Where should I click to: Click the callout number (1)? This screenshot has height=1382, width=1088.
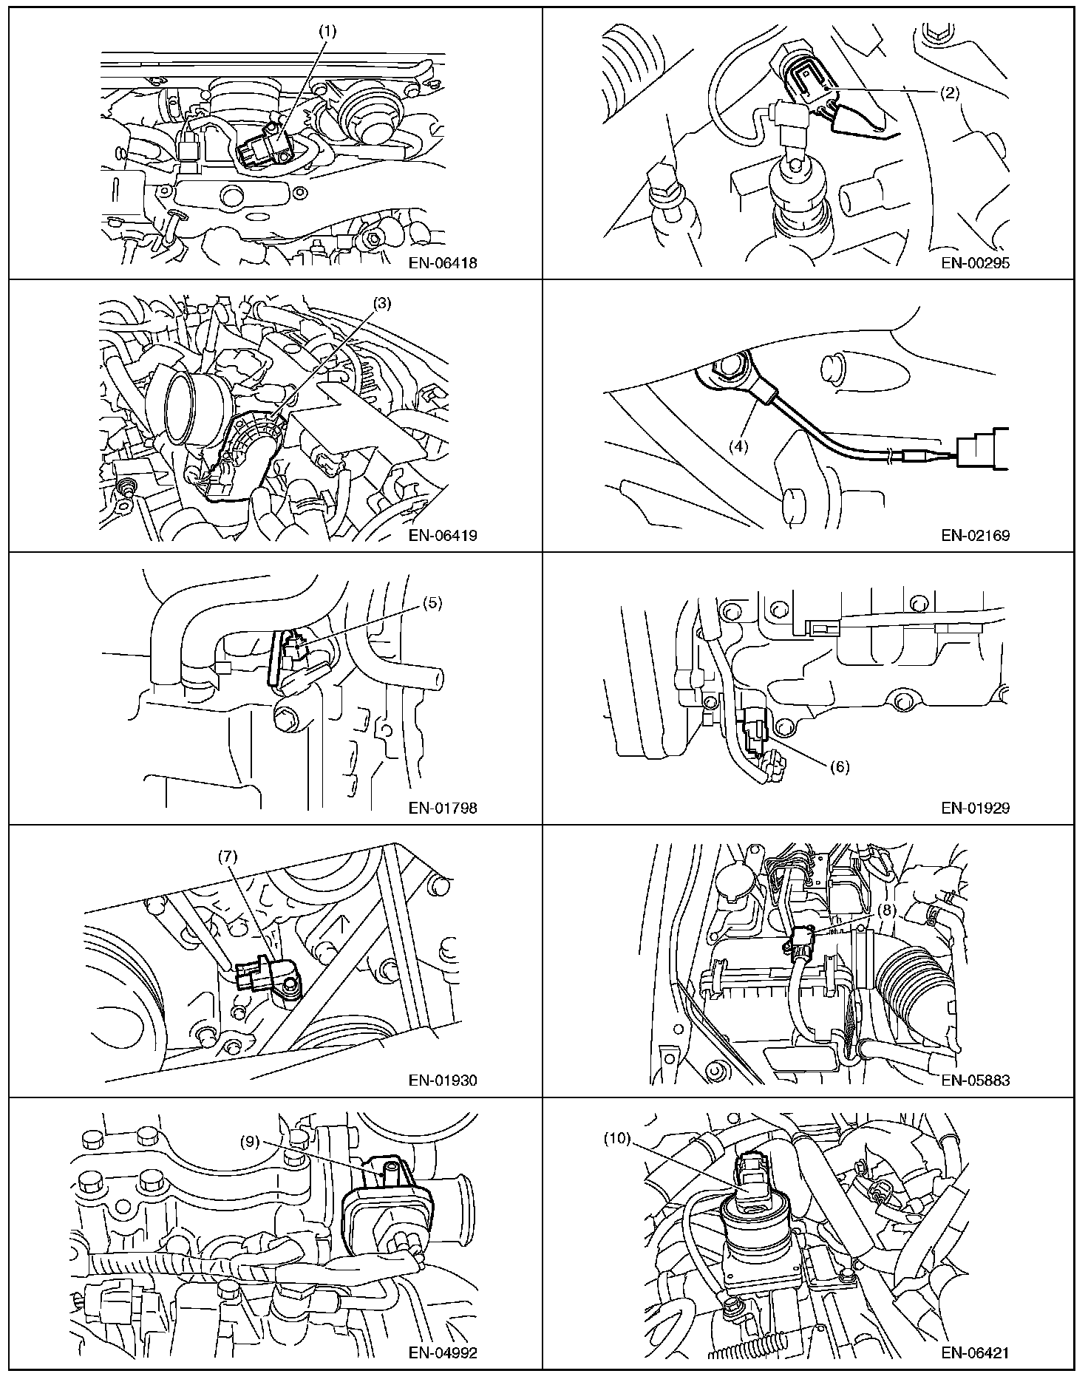click(327, 33)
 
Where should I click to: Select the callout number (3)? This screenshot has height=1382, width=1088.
click(382, 303)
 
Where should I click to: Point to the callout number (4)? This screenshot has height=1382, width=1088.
click(740, 446)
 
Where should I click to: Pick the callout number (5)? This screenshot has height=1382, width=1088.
click(432, 603)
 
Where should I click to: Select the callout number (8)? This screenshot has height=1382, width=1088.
click(888, 910)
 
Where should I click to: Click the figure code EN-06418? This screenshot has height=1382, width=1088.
click(443, 262)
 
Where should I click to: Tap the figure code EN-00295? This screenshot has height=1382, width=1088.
click(975, 262)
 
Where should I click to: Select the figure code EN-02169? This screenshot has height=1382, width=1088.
click(975, 535)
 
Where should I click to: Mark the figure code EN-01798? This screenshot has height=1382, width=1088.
click(443, 808)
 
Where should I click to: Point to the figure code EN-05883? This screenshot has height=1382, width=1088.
click(975, 1080)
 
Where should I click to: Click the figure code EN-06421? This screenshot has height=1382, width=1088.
click(975, 1353)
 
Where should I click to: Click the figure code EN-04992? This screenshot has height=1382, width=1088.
click(443, 1353)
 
